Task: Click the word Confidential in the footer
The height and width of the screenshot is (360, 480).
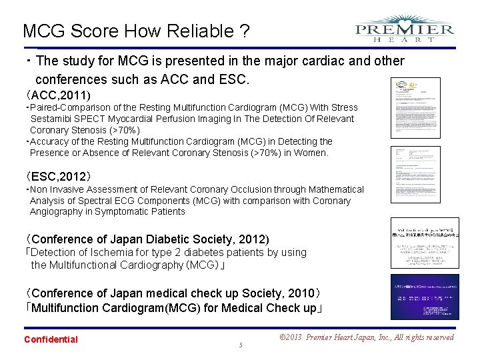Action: pyautogui.click(x=51, y=339)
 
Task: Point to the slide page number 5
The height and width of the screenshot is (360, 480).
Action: pyautogui.click(x=240, y=345)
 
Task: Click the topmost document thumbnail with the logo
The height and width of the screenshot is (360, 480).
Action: pyautogui.click(x=415, y=107)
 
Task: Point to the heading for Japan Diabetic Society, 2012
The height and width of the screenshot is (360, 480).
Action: pyautogui.click(x=147, y=239)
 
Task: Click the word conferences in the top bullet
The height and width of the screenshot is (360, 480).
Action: pyautogui.click(x=77, y=79)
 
